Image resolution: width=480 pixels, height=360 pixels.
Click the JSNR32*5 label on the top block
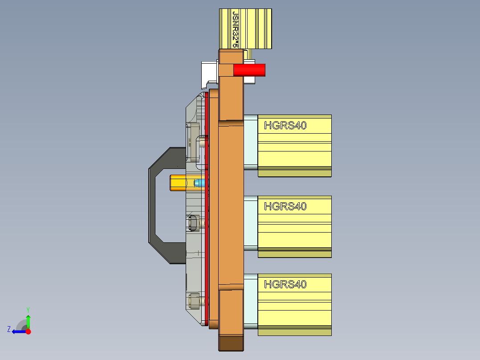coord(236,29)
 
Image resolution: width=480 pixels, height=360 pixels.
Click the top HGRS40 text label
coord(285,126)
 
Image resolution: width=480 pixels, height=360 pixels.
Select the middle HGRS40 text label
coord(285,206)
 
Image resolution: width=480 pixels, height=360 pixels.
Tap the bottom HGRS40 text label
coord(285,284)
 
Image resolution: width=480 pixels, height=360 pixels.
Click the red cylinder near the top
coord(249,70)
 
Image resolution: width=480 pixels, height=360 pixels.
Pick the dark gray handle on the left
coord(154,205)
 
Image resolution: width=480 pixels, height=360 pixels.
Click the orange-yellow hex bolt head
coord(178,183)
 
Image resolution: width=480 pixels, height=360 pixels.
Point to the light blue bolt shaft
coord(201,183)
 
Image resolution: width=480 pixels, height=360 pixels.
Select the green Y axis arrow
coord(28,321)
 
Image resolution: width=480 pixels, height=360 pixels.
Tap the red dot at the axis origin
coord(28,331)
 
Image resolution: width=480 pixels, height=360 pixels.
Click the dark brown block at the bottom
coord(231,343)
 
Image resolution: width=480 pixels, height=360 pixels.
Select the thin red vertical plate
coord(207,205)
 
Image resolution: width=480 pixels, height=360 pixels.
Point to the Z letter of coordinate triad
coord(9,329)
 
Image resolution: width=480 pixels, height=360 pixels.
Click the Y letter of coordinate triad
coord(28,309)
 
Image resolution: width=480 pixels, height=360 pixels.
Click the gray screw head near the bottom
coord(194,302)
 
